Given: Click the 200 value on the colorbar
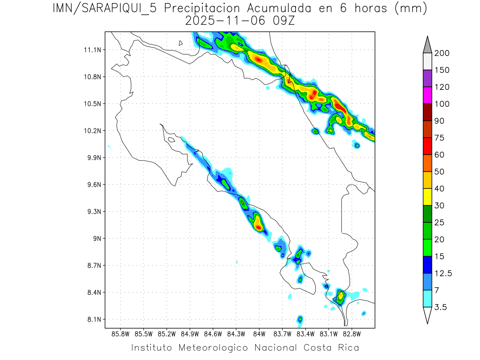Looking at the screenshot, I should point(442,53).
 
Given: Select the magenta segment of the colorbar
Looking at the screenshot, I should point(427,96).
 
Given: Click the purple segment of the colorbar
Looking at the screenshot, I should point(427,78).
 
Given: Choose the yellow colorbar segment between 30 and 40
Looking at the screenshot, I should point(427,197).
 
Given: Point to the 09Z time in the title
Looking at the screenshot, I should point(282,21).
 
